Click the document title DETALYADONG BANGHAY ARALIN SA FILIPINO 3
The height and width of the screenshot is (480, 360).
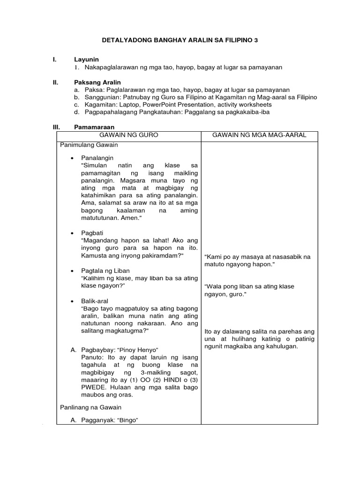click(x=180, y=41)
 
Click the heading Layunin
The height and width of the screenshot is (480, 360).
click(x=86, y=60)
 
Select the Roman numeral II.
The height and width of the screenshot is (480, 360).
click(x=55, y=82)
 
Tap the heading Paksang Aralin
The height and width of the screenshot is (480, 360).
click(x=97, y=82)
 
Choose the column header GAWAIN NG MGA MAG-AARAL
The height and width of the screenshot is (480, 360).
click(x=259, y=135)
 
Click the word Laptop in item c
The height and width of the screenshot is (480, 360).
click(x=129, y=105)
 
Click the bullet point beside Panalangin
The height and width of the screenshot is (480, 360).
click(x=72, y=158)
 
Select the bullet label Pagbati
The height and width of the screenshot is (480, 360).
click(x=92, y=233)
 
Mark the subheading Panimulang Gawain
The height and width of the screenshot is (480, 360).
click(x=89, y=145)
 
